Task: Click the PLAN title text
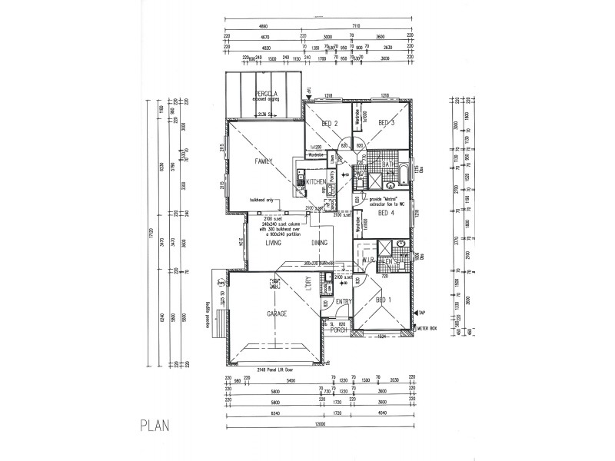tap(155, 423)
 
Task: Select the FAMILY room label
tap(264, 161)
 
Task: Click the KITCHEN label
tap(316, 181)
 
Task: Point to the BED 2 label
tap(330, 124)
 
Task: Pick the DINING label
tap(321, 243)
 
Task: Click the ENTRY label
tap(343, 302)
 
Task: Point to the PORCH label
tap(339, 329)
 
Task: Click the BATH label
tap(387, 164)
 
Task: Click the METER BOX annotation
tap(427, 328)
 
